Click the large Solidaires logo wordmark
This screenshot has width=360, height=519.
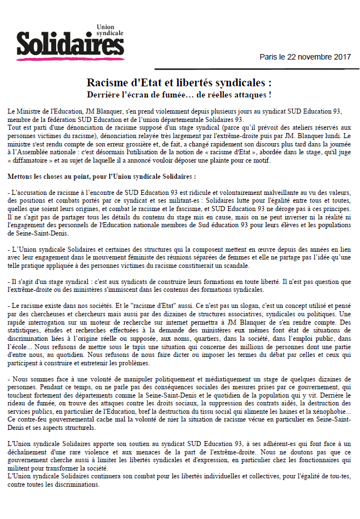pyautogui.click(x=69, y=43)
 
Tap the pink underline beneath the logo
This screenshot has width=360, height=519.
pyautogui.click(x=69, y=57)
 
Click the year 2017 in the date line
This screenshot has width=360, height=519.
pyautogui.click(x=342, y=57)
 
